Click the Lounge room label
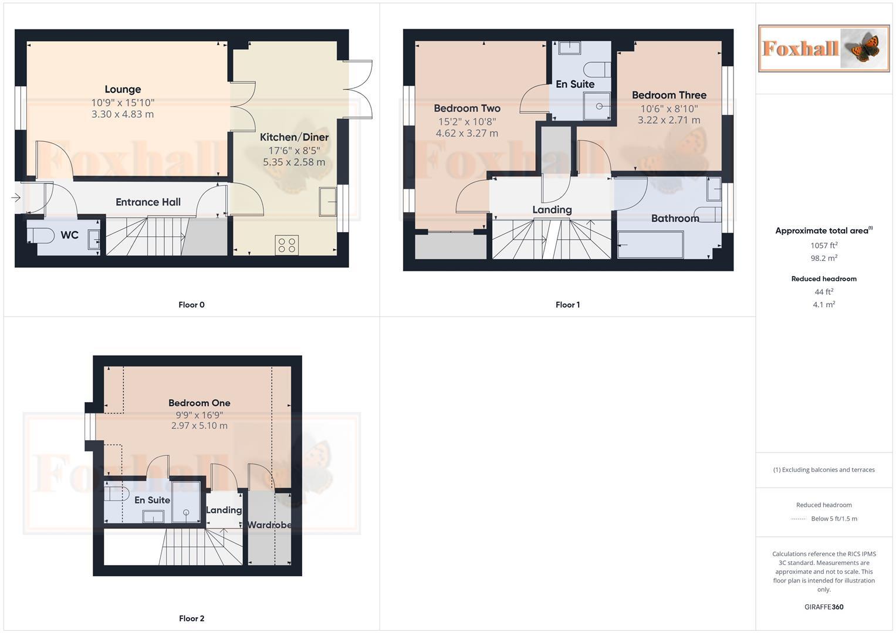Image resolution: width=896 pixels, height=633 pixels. [x=123, y=89]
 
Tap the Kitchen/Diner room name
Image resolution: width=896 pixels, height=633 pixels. [x=294, y=137]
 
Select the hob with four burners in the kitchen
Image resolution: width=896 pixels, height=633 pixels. [x=287, y=245]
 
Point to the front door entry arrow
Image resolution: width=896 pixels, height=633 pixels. [x=16, y=198]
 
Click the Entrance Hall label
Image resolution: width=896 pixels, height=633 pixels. [x=148, y=202]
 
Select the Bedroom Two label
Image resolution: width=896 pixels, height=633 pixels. [x=467, y=108]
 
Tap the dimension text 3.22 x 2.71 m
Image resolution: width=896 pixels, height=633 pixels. [x=669, y=120]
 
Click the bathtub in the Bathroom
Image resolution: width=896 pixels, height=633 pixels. [x=651, y=245]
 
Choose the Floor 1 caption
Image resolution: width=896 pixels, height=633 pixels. [x=567, y=305]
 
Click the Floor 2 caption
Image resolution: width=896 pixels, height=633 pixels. [x=192, y=618]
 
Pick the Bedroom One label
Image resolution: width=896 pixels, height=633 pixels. [x=200, y=403]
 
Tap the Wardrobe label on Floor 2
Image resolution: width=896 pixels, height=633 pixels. [x=269, y=525]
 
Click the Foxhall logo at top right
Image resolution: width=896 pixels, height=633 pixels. [x=824, y=48]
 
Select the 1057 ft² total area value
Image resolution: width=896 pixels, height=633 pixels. [x=824, y=246]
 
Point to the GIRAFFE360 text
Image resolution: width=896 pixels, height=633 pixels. [x=824, y=607]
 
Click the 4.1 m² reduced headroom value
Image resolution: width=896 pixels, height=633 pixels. [x=824, y=305]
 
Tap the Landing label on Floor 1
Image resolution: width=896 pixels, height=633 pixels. [x=552, y=210]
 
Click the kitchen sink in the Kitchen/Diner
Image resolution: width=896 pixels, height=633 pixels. [x=327, y=201]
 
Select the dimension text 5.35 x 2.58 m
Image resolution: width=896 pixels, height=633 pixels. [x=294, y=162]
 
